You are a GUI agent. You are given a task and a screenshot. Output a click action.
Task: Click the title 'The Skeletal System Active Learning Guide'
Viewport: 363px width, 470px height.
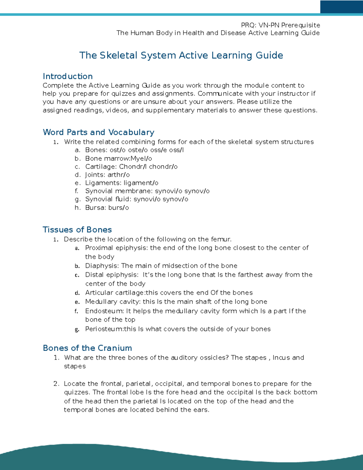[181, 55]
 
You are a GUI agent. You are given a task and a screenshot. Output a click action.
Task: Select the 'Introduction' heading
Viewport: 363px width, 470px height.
[68, 76]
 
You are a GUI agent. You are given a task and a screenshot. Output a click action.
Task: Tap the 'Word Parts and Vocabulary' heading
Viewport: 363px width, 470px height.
[99, 132]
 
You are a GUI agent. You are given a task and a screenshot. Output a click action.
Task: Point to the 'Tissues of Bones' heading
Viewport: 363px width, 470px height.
[77, 230]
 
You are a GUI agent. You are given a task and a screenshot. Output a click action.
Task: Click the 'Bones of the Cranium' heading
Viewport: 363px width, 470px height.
[87, 348]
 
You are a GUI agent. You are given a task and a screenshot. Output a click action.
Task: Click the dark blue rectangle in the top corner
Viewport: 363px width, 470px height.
[342, 7]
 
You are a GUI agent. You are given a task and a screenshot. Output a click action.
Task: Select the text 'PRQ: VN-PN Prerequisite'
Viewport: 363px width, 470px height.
[280, 25]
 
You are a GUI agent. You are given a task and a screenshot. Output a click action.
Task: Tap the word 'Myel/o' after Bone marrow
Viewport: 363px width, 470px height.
[141, 159]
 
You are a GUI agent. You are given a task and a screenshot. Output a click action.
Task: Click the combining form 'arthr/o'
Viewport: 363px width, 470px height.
[119, 175]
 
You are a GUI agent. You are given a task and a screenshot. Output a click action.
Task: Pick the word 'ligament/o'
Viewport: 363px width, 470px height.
[141, 183]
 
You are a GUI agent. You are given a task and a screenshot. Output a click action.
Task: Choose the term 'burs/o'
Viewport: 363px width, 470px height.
[118, 208]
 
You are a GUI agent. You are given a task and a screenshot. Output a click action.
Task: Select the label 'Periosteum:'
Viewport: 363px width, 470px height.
[104, 329]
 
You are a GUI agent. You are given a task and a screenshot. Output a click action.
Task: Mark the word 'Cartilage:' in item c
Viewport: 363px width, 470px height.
[101, 167]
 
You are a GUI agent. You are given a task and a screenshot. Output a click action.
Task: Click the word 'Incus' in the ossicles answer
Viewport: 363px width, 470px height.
[281, 358]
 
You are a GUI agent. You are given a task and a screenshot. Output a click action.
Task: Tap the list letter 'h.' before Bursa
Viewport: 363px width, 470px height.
[77, 208]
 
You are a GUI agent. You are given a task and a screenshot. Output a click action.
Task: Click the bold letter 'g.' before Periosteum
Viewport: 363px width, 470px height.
[77, 330]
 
